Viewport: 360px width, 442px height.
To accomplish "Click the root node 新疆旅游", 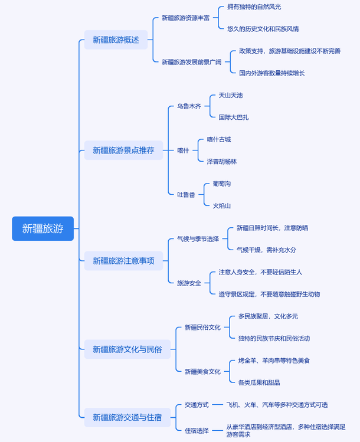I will [42, 229].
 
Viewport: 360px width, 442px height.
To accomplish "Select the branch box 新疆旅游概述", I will [116, 40].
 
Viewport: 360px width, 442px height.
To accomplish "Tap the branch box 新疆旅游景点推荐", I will [123, 150].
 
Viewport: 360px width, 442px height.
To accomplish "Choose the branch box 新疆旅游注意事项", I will [123, 261].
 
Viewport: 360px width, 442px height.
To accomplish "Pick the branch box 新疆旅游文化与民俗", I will [127, 349].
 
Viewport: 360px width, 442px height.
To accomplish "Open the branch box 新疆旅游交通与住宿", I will [127, 417].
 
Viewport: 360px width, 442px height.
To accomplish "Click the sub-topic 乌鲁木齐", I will [189, 107].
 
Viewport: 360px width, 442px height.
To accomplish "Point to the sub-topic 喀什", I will [183, 150].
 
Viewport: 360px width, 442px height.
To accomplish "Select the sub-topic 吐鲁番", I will [186, 195].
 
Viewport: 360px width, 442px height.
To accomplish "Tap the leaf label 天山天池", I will [230, 96].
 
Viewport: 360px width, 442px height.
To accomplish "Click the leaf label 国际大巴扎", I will [233, 117].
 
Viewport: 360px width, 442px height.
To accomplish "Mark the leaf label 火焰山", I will [221, 206].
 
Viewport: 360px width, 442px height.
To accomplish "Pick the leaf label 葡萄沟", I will [221, 184].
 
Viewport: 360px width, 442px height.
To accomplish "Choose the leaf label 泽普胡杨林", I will [221, 162].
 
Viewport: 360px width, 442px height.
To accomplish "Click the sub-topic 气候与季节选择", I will [198, 239].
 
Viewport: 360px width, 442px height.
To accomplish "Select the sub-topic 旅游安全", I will [189, 283].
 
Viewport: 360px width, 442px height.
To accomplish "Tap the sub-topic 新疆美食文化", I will [202, 372].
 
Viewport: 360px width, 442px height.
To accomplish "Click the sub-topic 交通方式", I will [197, 405].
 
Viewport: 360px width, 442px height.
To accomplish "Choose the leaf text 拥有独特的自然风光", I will [254, 7].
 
